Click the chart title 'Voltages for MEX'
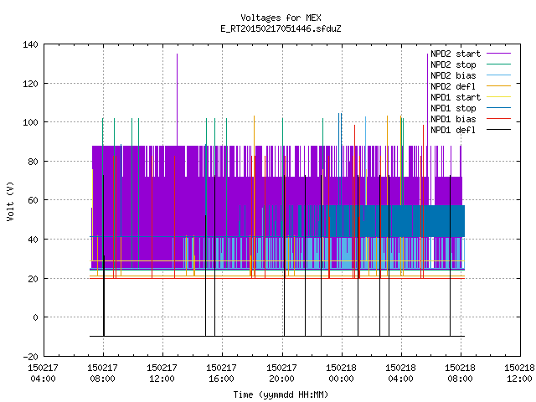pos(281,18)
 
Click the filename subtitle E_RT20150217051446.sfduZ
pos(281,28)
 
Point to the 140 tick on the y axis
pos(30,44)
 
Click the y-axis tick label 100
pos(30,122)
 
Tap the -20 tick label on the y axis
pos(30,357)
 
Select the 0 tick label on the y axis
pos(35,317)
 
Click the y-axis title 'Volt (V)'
pos(10,201)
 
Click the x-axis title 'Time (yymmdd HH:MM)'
pos(281,394)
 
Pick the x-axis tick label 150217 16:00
pos(221,374)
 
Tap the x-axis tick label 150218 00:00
pos(341,374)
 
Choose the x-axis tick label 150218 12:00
pos(519,374)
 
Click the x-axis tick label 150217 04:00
pos(43,374)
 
